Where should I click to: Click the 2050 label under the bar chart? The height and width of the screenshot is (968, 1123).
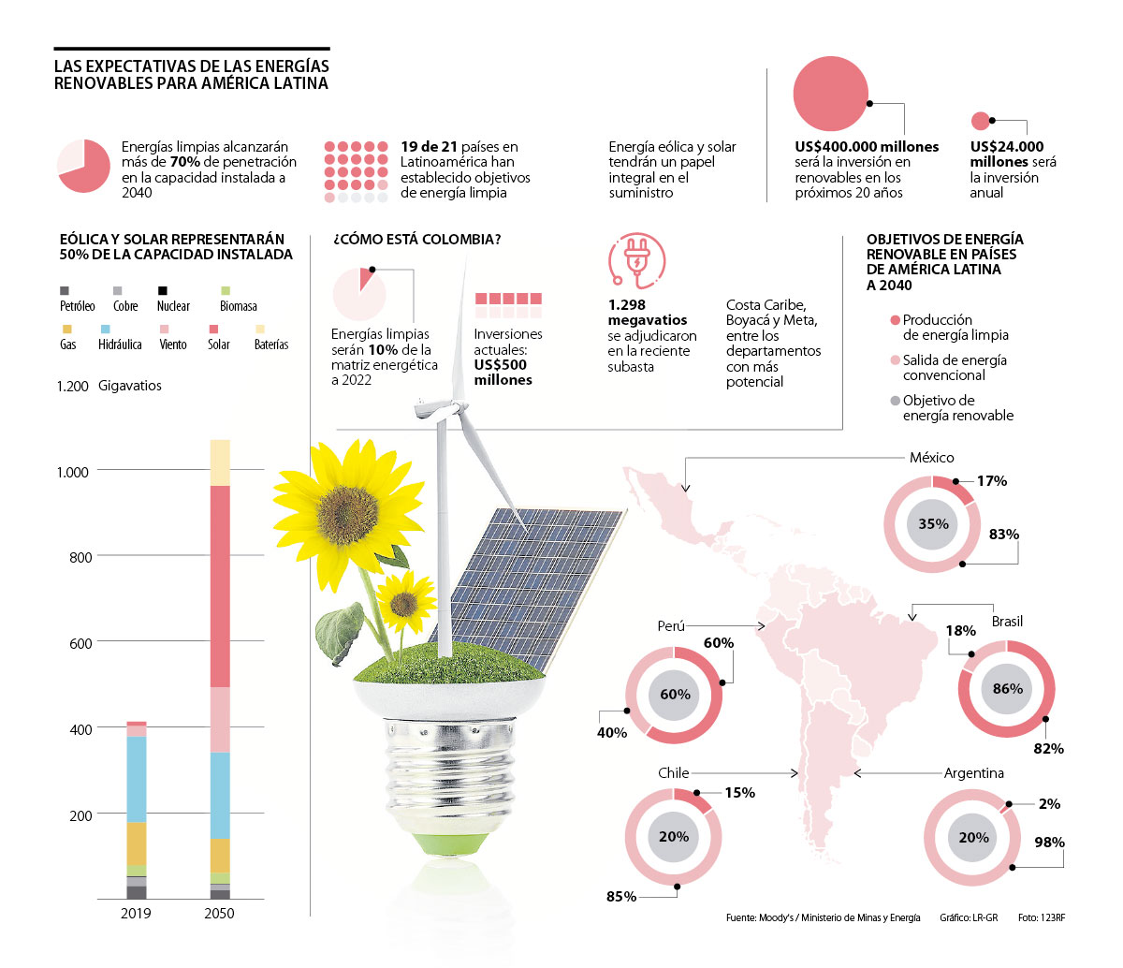click(219, 914)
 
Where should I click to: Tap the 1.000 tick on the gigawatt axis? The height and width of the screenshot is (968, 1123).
click(72, 472)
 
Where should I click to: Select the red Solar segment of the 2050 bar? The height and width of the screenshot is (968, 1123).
click(220, 586)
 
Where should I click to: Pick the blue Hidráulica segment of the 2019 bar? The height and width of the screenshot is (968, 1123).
click(137, 779)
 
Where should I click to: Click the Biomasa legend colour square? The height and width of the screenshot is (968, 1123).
click(225, 290)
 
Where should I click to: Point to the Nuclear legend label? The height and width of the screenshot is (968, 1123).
click(173, 306)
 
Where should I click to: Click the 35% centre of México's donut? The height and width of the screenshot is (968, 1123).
click(933, 524)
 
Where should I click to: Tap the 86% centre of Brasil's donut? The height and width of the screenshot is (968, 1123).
click(1007, 689)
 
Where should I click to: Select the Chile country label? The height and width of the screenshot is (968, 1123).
click(674, 773)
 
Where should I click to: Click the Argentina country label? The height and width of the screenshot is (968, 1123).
click(973, 773)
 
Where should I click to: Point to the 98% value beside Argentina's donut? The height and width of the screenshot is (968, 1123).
click(1049, 843)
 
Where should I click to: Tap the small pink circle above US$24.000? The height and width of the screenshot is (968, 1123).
click(980, 121)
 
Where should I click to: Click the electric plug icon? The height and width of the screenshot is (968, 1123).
click(636, 260)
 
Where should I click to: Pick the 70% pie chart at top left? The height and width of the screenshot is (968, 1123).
click(83, 167)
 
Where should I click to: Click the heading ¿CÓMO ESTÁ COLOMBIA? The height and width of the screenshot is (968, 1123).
click(417, 240)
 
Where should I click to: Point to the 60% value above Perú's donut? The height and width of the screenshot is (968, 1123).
click(719, 643)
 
